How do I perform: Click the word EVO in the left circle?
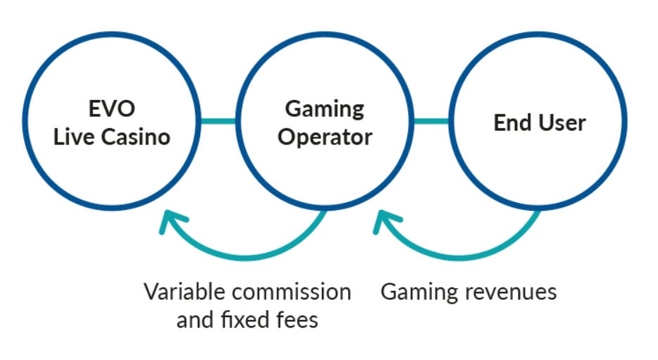[113, 110]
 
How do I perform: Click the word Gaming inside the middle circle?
[325, 110]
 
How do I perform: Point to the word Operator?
[324, 136]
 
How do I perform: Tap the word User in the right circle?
[561, 123]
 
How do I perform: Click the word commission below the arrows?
[294, 292]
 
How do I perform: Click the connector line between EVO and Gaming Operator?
[218, 121]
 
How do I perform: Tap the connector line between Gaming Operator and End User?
[431, 121]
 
